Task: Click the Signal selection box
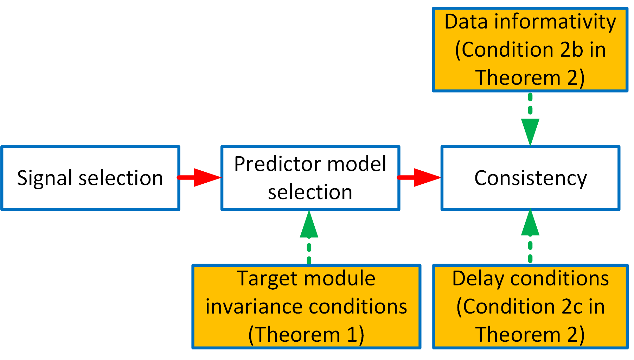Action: coord(90,178)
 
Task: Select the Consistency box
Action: coord(530,178)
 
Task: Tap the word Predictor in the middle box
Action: coord(273,164)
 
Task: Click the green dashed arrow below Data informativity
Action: coord(530,120)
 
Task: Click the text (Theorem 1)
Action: coord(306,334)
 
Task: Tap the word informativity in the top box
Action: coord(555,22)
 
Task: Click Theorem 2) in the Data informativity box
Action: coord(530,78)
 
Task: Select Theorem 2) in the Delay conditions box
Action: coord(530,334)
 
